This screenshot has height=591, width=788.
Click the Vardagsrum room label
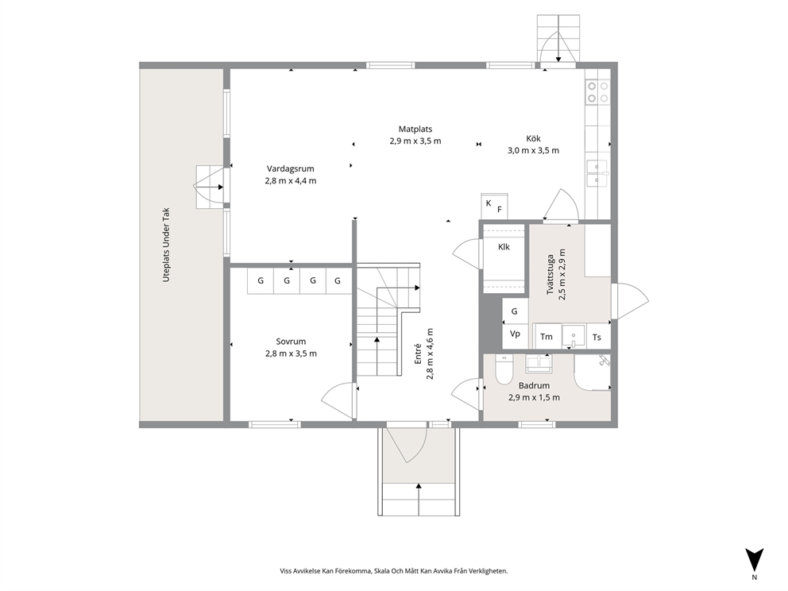(291, 169)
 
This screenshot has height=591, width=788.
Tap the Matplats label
(415, 129)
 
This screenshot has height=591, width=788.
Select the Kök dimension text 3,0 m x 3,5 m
(533, 150)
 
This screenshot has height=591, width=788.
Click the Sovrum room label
(291, 342)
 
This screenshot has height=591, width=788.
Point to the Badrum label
(534, 386)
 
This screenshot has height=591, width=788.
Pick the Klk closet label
(504, 247)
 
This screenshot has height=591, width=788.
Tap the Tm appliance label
(547, 338)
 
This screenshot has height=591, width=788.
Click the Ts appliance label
(597, 338)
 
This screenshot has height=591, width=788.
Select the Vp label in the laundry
(515, 334)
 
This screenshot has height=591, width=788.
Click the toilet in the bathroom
(503, 369)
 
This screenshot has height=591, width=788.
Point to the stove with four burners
(597, 92)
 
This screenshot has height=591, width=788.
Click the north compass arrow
(755, 560)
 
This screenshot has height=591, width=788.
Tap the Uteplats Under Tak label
(166, 245)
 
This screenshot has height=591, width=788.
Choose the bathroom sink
(539, 363)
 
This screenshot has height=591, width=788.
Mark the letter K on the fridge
(489, 203)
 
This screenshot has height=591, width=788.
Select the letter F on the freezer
(500, 210)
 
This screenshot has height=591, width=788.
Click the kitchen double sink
(597, 173)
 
